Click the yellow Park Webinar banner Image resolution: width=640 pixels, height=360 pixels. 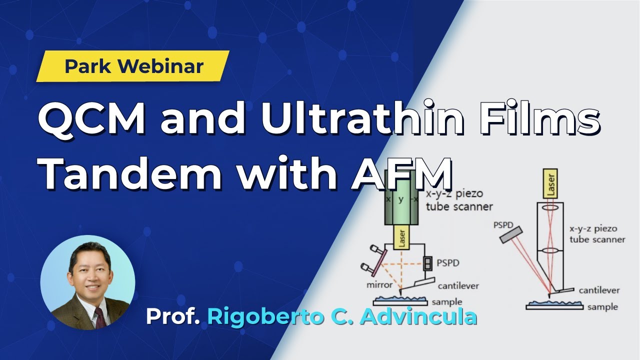click(132, 66)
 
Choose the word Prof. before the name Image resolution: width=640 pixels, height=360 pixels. click(173, 316)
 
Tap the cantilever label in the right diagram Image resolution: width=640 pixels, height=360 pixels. click(599, 290)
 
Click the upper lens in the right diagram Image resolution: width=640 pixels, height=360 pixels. click(549, 207)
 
